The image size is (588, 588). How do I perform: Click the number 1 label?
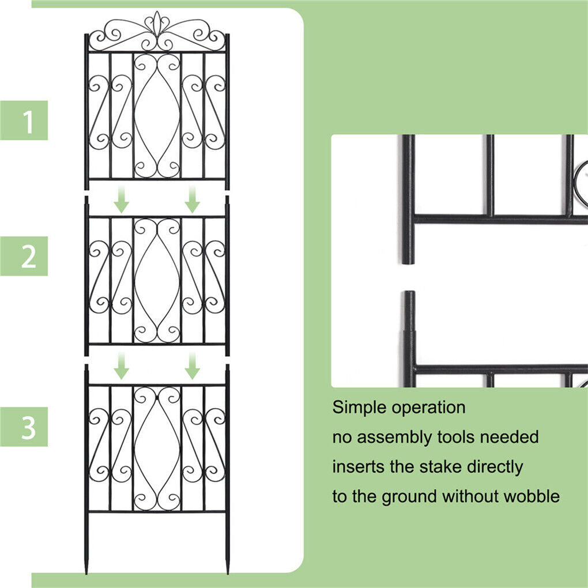(x=28, y=121)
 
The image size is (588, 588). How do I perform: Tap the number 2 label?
(x=28, y=256)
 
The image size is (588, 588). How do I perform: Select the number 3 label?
(x=28, y=427)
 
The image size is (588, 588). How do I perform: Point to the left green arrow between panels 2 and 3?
(x=121, y=365)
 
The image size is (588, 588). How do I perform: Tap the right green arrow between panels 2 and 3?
(x=193, y=365)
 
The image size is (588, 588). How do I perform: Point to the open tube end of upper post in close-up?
(x=408, y=260)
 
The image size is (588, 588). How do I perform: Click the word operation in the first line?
(x=428, y=408)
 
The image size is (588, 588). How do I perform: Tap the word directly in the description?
(x=495, y=467)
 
